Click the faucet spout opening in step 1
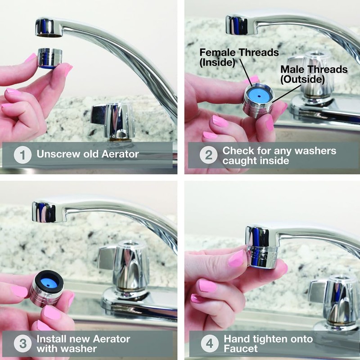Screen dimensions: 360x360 click(49, 34)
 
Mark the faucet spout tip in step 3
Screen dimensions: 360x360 click(44, 213)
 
